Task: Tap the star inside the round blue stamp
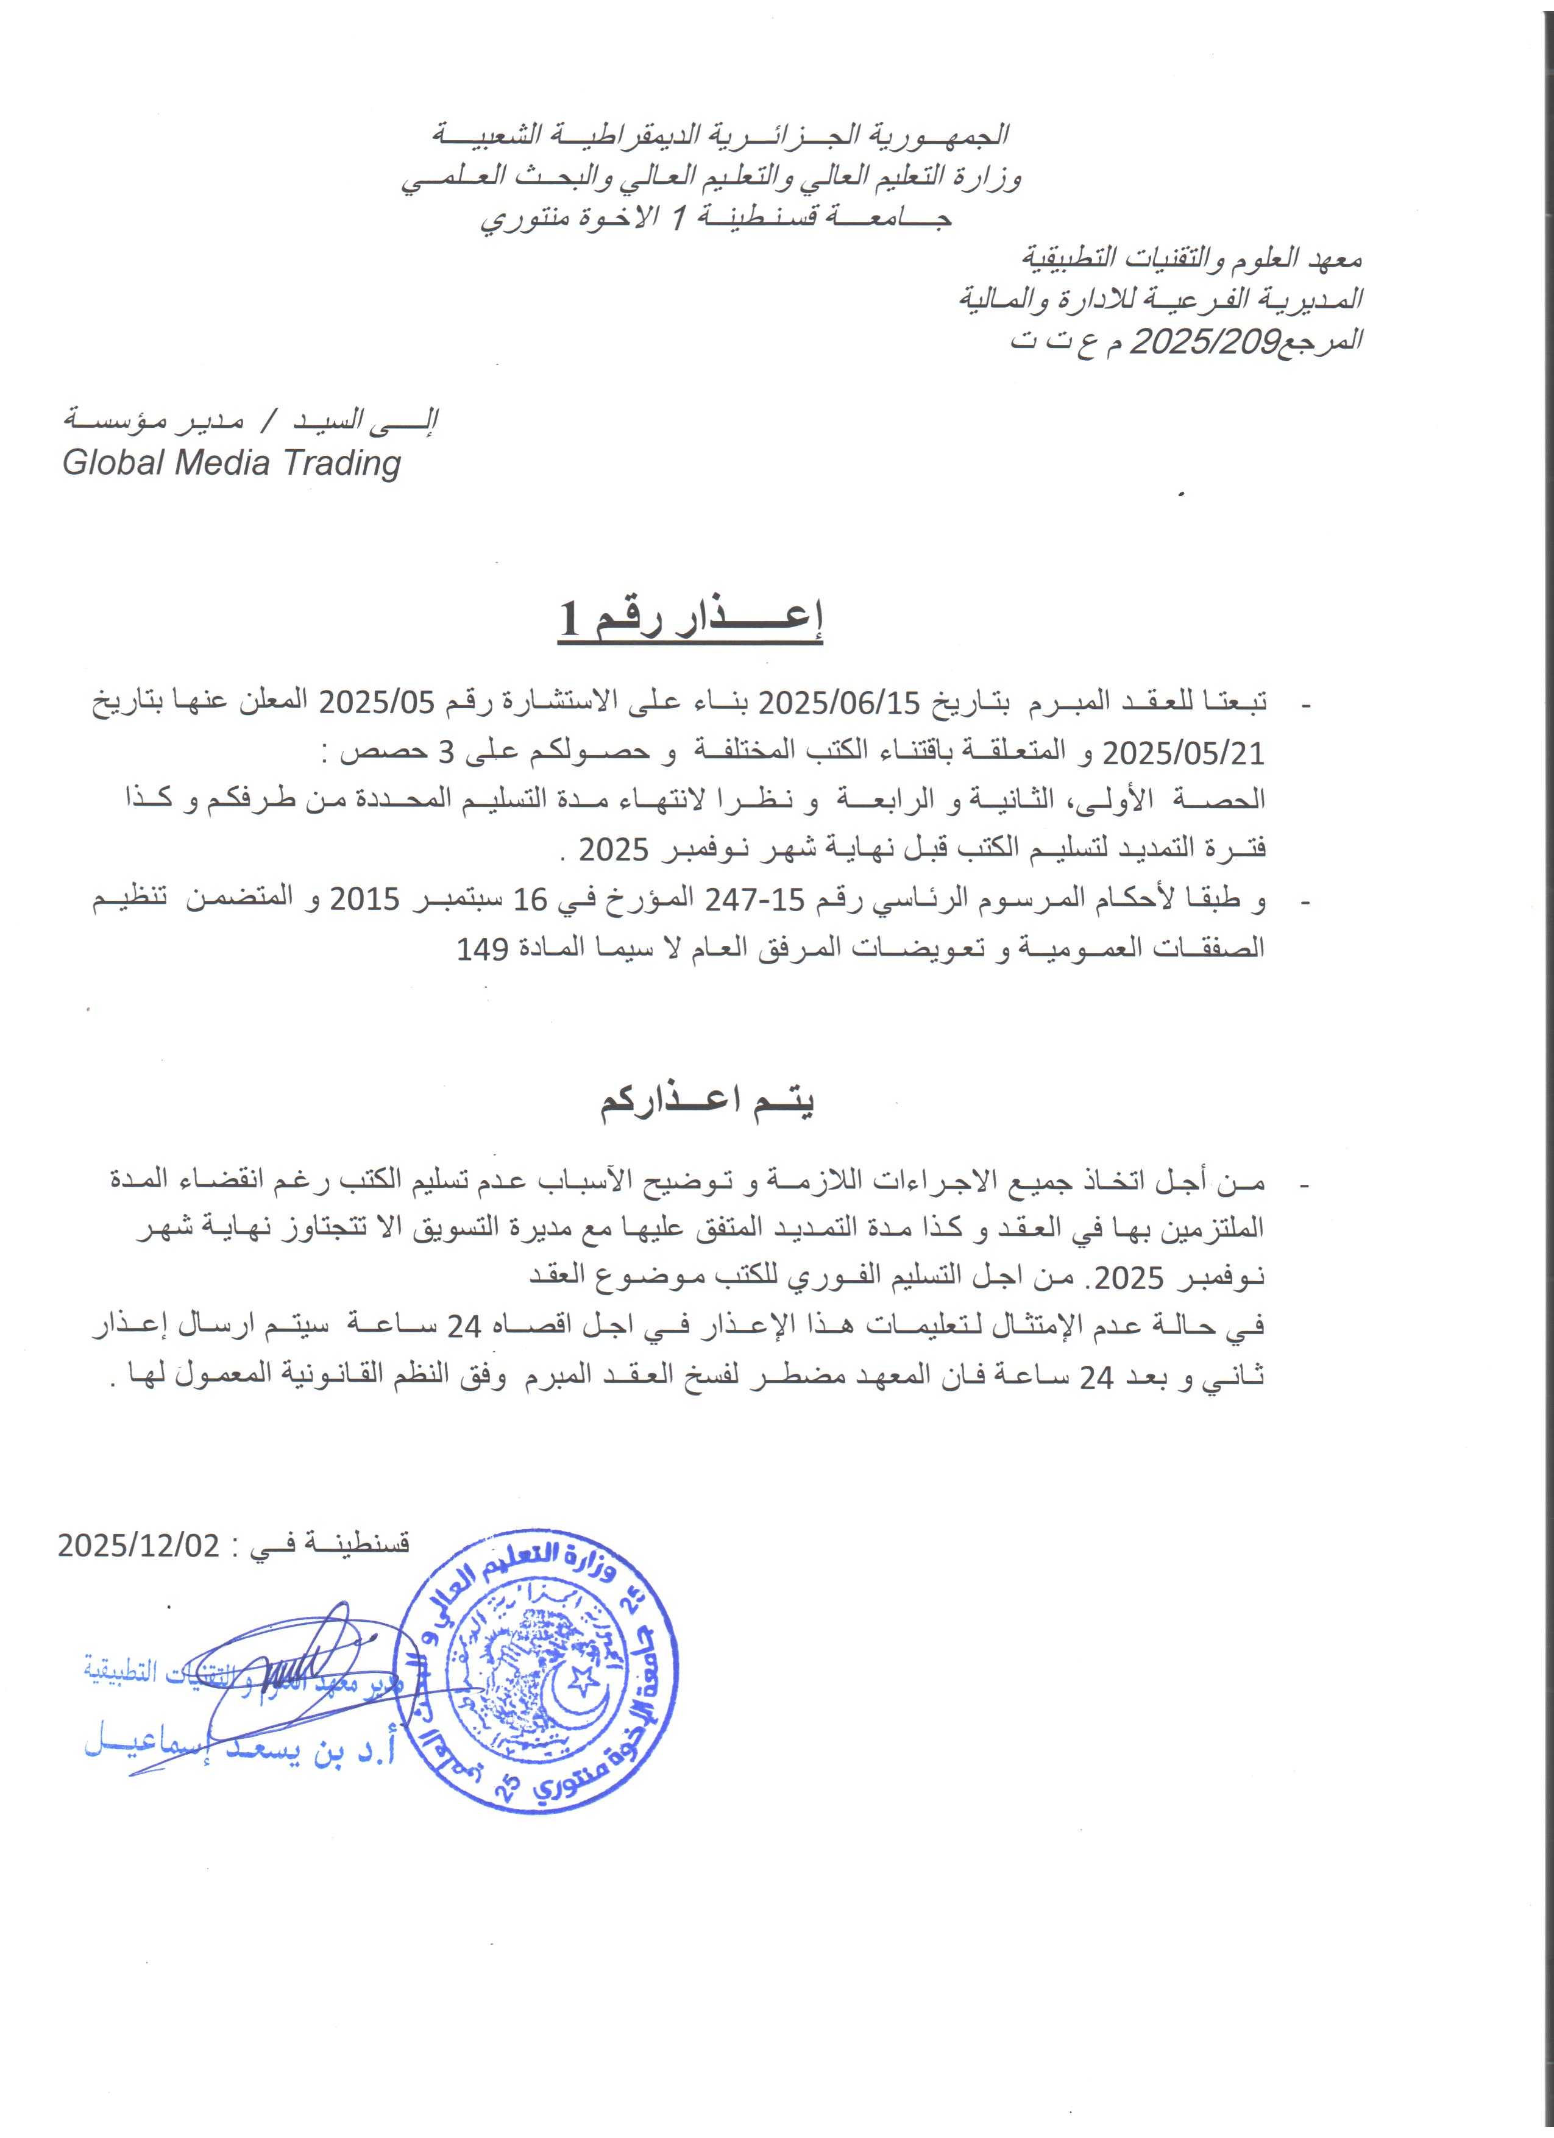(583, 1678)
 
